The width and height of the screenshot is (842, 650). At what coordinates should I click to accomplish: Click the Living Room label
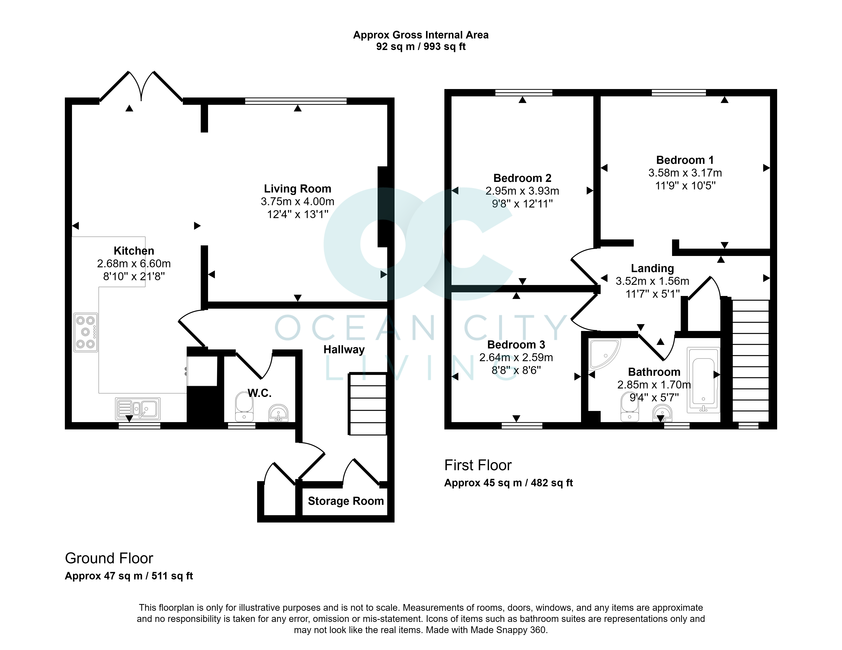point(297,189)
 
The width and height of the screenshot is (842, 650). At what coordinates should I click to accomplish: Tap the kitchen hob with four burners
point(86,332)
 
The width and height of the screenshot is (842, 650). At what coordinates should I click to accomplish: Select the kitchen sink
point(138,409)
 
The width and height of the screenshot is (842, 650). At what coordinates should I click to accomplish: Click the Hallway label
point(344,349)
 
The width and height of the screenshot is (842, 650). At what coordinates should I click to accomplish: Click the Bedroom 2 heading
point(522,178)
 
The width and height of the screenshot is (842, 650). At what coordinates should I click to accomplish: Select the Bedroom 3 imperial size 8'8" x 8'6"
point(516,370)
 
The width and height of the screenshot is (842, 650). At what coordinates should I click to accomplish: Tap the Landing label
point(652,268)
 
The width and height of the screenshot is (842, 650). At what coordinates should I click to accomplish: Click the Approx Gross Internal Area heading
point(421,35)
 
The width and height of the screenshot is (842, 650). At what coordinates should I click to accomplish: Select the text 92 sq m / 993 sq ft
point(421,47)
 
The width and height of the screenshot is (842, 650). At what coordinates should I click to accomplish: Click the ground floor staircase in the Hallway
point(367,404)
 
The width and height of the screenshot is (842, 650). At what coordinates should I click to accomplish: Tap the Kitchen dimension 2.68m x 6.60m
point(134,263)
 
